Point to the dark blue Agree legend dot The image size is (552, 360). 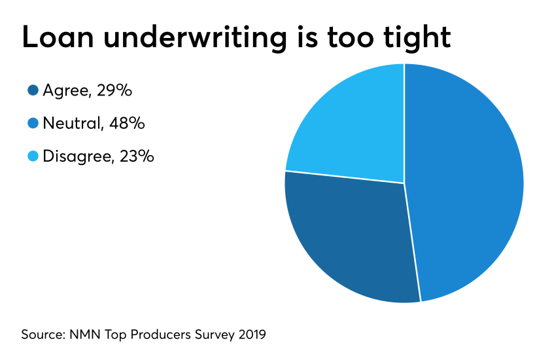(x=33, y=91)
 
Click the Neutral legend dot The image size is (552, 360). (x=33, y=123)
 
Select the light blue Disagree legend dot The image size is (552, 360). (x=33, y=156)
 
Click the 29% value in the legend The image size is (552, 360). (x=114, y=91)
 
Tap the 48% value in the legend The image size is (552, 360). (x=127, y=123)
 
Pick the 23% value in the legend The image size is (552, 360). (x=136, y=156)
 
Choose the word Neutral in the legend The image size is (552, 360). (x=72, y=123)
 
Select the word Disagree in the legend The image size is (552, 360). (x=77, y=156)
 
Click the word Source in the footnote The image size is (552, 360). (x=43, y=334)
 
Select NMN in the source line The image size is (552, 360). (x=84, y=334)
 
